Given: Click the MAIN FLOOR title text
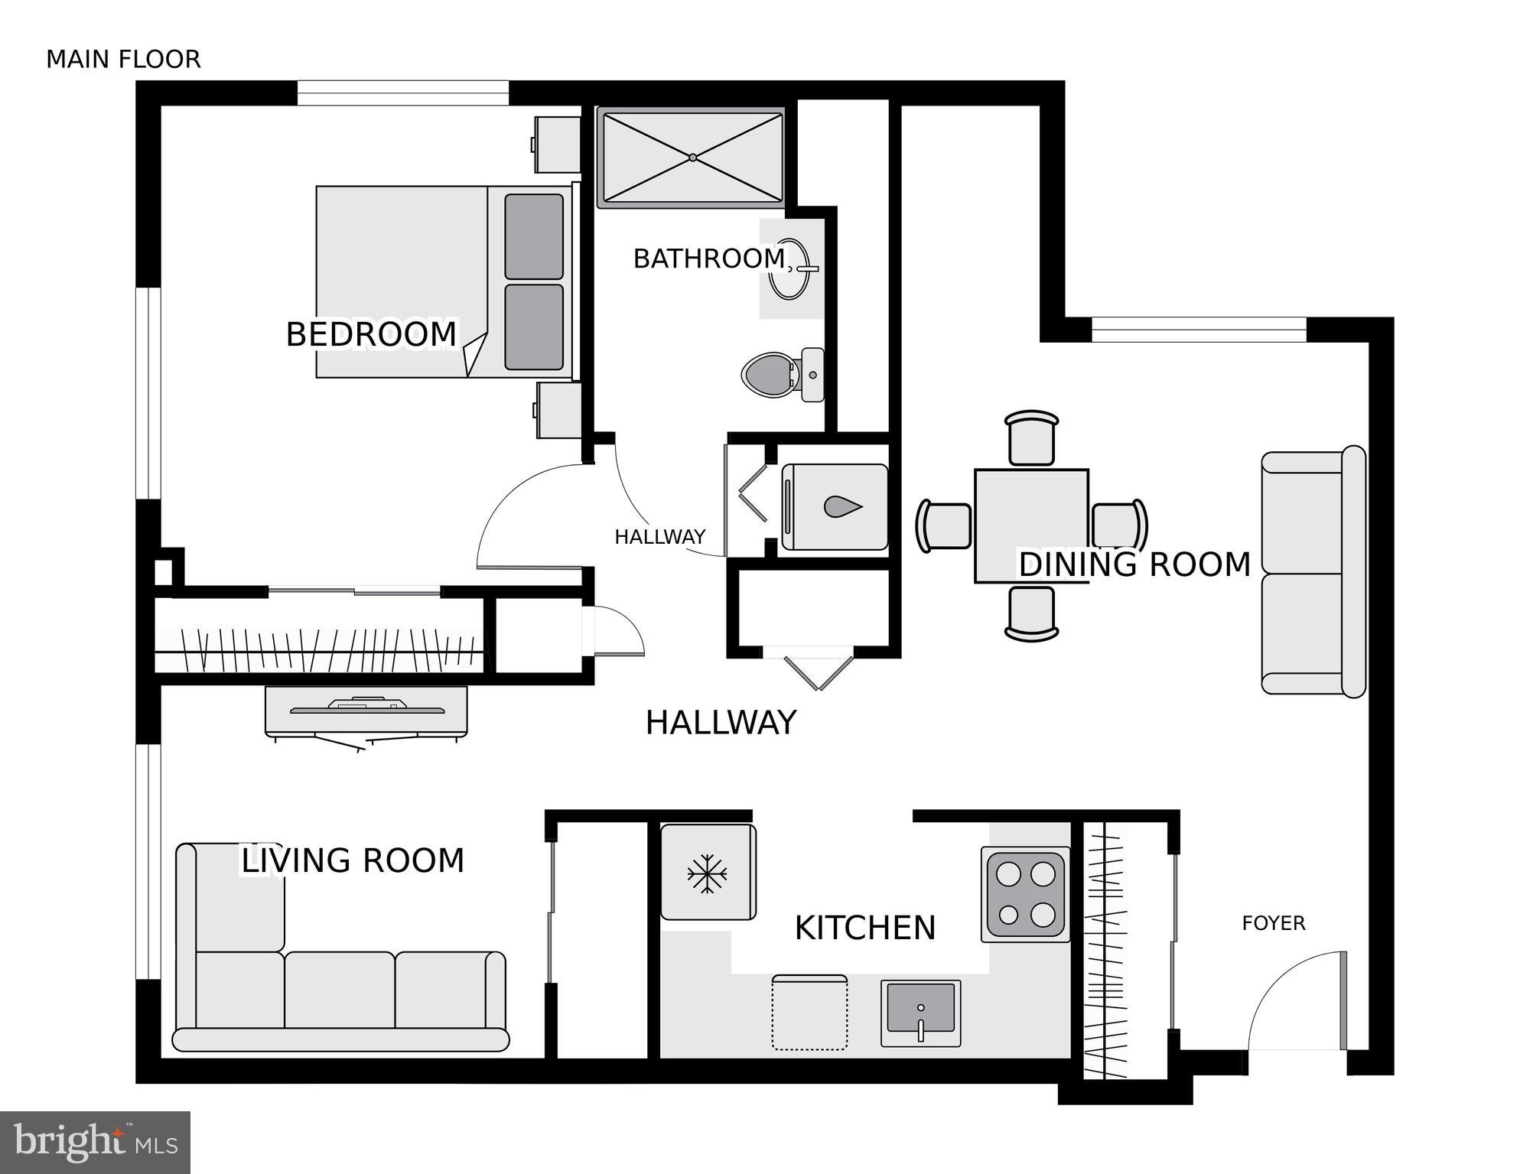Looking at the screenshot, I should coord(123,60).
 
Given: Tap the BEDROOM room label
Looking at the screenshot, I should coord(371,334).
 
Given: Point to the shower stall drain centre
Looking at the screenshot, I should coord(692,158).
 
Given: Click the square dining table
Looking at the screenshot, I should coord(1031,525).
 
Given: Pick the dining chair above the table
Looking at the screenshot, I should coord(1032,438).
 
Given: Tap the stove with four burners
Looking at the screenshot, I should coord(1026,894).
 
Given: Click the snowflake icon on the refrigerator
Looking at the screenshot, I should coord(707,873).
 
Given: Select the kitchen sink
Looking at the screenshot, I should coord(920,1013).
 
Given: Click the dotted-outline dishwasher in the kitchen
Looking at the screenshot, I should coord(809,1013).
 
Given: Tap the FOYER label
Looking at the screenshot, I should coord(1273,923).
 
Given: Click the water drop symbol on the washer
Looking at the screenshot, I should coord(842,506).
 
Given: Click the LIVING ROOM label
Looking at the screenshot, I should coord(353,860).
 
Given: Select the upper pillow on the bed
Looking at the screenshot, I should coord(534,236).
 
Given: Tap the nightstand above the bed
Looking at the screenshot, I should coord(557,145).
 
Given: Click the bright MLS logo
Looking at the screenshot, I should coord(95,1143).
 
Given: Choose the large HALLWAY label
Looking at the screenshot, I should coord(721,723).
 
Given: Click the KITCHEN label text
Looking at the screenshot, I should coord(864,928).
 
